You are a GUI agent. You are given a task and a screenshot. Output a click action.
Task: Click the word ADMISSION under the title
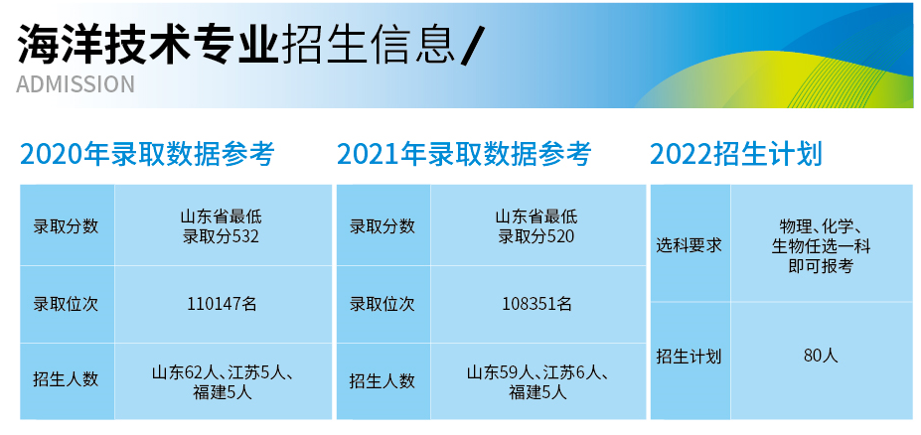(76, 84)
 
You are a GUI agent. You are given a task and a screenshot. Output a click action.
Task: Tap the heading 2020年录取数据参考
(147, 154)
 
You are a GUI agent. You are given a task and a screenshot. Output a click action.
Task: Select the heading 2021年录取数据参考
(464, 154)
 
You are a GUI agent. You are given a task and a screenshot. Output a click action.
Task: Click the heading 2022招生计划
(736, 154)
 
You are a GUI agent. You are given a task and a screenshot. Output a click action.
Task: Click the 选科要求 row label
(689, 245)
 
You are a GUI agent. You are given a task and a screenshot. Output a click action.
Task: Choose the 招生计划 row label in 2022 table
(689, 357)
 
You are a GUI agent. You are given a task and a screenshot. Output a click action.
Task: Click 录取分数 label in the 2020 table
(66, 226)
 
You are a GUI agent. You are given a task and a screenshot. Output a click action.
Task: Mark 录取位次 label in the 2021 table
(383, 304)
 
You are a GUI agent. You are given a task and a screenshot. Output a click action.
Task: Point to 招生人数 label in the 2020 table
(66, 379)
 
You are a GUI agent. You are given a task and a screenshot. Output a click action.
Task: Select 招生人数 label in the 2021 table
(383, 380)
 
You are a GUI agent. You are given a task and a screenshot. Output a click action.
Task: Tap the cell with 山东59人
(537, 382)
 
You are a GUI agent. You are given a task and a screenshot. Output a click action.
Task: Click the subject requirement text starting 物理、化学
(821, 246)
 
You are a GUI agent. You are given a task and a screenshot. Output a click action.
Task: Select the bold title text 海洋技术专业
(147, 45)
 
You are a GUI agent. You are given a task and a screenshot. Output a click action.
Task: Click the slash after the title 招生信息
(470, 47)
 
